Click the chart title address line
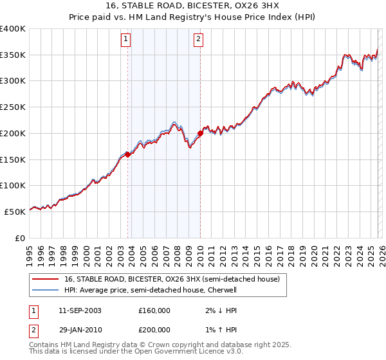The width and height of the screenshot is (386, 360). (193, 6)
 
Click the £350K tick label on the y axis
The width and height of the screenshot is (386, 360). (13, 55)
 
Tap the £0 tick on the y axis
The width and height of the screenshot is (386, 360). (21, 237)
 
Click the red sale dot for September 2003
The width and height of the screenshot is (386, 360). (128, 154)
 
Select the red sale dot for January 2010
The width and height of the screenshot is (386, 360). (200, 133)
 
